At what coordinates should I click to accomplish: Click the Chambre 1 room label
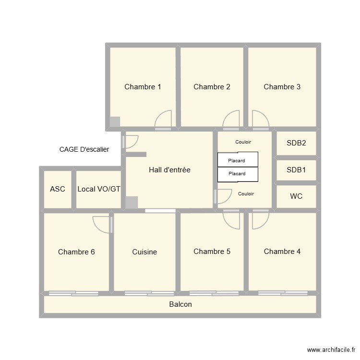point(143,87)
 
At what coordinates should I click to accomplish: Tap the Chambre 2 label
point(212,87)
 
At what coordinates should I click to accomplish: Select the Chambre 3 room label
point(282,87)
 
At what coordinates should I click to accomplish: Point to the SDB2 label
point(296,143)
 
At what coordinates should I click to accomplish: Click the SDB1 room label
point(296,170)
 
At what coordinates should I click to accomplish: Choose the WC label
point(296,197)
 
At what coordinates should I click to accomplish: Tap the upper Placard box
point(238,160)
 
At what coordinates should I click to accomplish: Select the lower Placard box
point(238,174)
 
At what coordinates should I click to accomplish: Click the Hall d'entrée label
point(169,170)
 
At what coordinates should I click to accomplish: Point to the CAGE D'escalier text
point(84,149)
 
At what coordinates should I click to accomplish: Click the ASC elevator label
point(58,189)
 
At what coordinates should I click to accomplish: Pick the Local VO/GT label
point(99,189)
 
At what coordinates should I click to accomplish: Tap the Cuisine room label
point(144,252)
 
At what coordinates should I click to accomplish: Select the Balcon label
point(180,304)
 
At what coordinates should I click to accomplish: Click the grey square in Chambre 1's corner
point(115,122)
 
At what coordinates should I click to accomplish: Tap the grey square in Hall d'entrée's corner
point(132,203)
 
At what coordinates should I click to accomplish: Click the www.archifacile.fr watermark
point(332,350)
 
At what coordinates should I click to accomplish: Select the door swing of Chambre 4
point(260,220)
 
